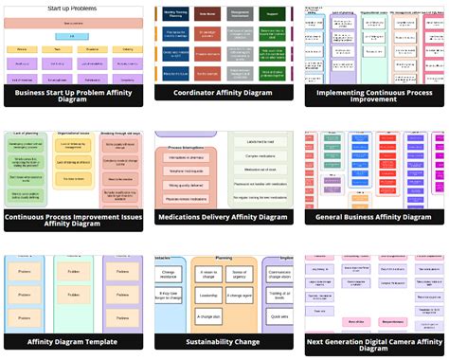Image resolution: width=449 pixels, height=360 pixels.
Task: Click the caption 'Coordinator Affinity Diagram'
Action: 223,93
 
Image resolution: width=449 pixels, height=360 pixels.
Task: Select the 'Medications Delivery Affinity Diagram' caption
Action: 223,217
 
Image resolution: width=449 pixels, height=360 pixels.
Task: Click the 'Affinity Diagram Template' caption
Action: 73,342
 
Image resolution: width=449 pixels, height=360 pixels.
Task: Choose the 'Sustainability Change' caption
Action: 223,342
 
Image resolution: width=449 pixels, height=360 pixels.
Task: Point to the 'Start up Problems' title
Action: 73,9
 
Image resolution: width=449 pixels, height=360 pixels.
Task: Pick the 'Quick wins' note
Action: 278,316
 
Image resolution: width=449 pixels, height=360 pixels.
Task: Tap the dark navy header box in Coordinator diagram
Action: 207,15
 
